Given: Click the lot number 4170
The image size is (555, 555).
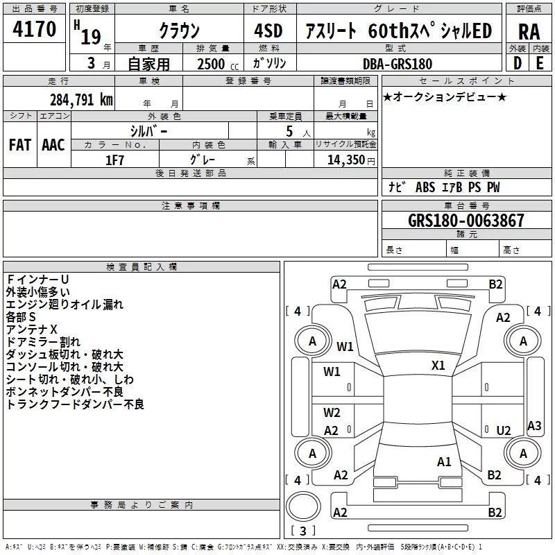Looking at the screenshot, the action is [35, 31].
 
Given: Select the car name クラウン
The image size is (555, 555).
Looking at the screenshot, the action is [179, 31].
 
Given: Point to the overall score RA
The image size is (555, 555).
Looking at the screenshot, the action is [529, 31].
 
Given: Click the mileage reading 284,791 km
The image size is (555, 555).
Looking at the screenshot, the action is [82, 99].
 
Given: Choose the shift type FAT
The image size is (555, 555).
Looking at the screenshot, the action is [19, 144].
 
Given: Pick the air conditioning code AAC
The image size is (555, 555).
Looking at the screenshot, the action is [53, 144].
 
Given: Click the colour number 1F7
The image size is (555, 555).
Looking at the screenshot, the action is [114, 159].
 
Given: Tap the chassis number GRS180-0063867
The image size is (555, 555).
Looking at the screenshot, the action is [466, 221].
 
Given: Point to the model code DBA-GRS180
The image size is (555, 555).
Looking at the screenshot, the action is [398, 64].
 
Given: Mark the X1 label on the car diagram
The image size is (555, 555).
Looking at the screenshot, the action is [438, 365].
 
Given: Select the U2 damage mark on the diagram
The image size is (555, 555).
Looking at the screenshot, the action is [504, 431].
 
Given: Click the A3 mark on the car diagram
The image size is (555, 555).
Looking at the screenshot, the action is [534, 425].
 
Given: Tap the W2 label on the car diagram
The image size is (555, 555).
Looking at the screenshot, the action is [332, 413].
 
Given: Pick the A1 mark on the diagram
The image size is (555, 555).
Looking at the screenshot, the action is [445, 461].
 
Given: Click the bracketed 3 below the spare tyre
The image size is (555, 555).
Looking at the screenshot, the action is [302, 531].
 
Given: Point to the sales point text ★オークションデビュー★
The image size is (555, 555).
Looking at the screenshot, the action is [444, 96].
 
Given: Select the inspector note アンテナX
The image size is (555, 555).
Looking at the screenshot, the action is [32, 330].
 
